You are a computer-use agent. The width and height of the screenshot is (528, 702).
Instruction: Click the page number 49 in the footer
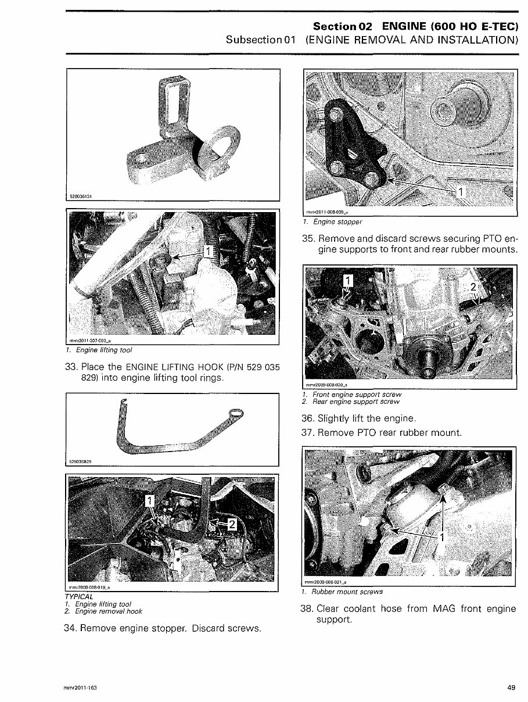click(x=511, y=687)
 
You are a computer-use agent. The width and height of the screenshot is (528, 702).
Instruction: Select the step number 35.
click(x=308, y=239)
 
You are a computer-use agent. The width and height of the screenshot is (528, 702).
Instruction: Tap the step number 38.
click(x=308, y=609)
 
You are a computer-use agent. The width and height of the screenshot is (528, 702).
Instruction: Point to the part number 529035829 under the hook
click(x=82, y=461)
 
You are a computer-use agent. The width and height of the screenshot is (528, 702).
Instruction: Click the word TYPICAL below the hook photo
click(x=79, y=597)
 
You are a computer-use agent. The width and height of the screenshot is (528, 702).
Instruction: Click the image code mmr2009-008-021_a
click(x=326, y=582)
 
